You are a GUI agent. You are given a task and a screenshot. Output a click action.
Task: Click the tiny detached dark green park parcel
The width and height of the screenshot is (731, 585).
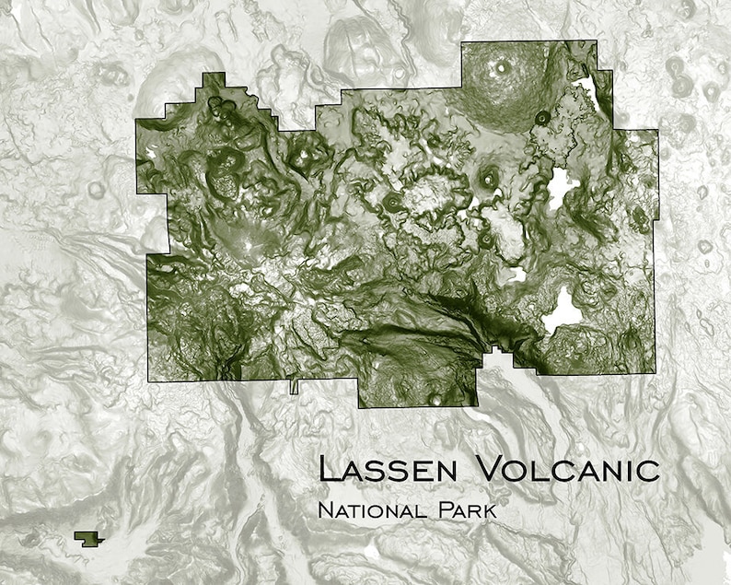[87, 537]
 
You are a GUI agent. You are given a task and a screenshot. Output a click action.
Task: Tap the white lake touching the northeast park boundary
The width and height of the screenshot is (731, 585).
[586, 88]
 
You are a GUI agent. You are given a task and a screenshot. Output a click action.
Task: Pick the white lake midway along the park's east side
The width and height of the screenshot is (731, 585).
[562, 186]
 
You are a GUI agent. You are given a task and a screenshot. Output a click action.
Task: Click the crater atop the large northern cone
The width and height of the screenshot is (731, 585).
[501, 66]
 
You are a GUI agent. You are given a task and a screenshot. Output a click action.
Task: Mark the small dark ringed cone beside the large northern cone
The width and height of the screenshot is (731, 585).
[542, 117]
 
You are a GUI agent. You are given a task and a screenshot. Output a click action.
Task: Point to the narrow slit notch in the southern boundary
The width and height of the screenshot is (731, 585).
[295, 386]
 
